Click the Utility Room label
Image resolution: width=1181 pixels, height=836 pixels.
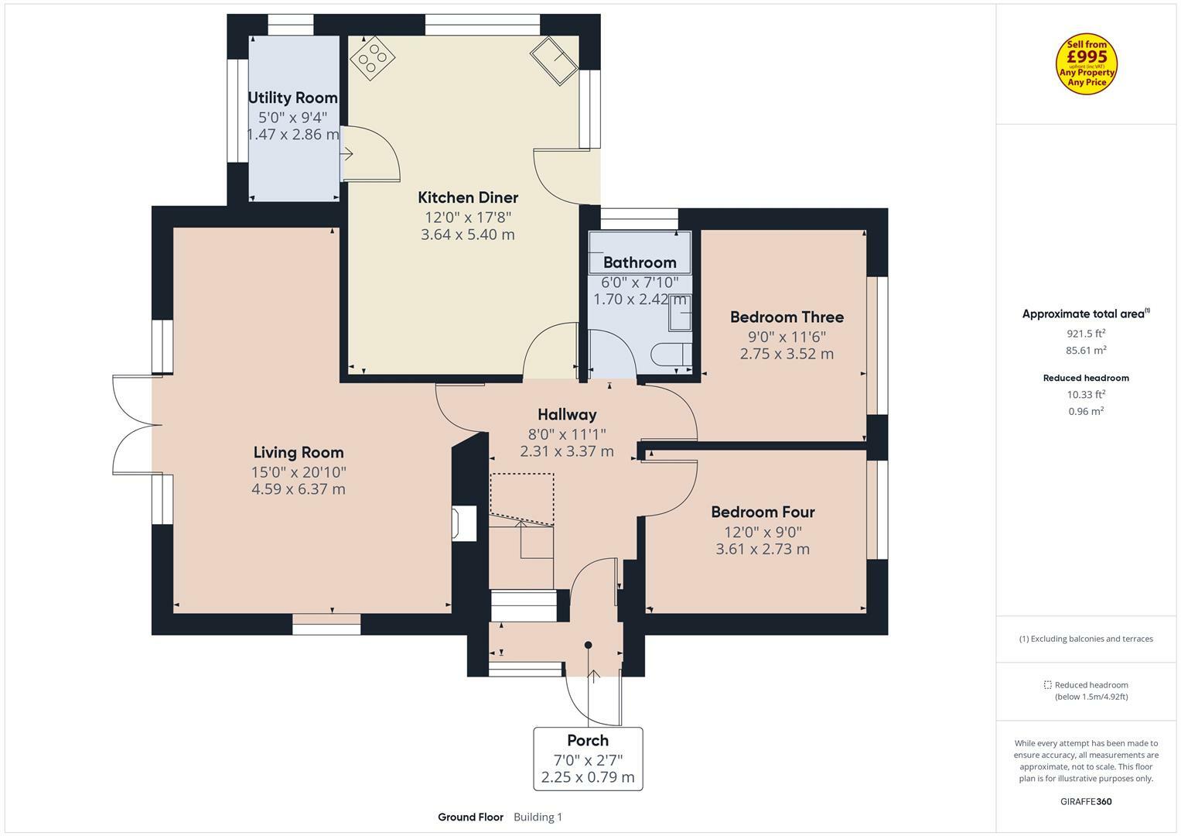click(292, 98)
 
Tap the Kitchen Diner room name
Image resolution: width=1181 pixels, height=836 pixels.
click(468, 197)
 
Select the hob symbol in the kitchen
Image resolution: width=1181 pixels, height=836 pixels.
click(372, 57)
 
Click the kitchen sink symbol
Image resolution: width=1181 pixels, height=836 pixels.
click(554, 60)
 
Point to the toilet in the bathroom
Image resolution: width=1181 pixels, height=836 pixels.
click(671, 355)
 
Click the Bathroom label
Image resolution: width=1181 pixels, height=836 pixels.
click(640, 262)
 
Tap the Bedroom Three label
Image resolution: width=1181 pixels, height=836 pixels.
click(787, 317)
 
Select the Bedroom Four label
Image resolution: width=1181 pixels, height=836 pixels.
click(763, 512)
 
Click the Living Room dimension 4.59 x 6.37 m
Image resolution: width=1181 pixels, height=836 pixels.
click(299, 488)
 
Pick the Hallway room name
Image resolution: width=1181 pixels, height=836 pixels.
click(567, 415)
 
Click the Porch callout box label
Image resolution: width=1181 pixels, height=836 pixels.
click(588, 741)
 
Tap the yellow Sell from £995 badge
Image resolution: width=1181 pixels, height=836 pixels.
click(1086, 63)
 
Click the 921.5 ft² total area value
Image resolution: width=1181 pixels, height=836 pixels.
click(1086, 334)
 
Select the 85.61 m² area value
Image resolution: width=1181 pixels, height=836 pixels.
click(1086, 350)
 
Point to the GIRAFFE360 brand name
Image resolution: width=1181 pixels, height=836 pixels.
click(1086, 802)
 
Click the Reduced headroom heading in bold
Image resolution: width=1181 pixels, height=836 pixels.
click(1086, 378)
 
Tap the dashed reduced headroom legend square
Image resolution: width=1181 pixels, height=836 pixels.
click(1048, 685)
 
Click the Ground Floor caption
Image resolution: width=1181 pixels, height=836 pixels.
click(470, 817)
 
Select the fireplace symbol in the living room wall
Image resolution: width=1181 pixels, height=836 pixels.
click(464, 523)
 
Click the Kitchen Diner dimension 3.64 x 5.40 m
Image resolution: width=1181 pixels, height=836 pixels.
click(468, 235)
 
